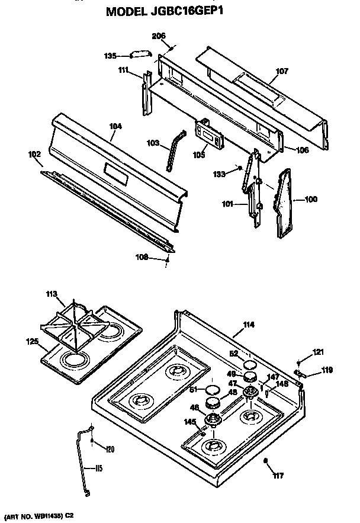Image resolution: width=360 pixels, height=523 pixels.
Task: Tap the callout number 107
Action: point(282,72)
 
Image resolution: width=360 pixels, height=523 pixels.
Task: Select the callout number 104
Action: point(115,126)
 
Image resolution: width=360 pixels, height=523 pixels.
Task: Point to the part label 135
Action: point(110,56)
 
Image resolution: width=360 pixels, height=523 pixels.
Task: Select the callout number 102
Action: point(35,156)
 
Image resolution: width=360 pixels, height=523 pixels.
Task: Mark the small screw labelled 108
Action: point(168,259)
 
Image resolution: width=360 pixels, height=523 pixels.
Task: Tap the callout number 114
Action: point(249,325)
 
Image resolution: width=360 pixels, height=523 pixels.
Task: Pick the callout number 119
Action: point(326,371)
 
